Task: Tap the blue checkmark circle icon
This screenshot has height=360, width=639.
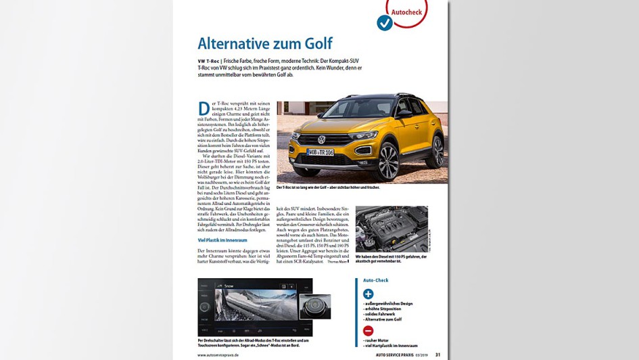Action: (384, 23)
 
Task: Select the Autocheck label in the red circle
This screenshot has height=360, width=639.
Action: (408, 12)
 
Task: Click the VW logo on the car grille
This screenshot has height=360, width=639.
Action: (322, 141)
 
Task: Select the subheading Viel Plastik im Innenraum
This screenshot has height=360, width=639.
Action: (222, 240)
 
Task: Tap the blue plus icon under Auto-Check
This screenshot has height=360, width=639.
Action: (368, 294)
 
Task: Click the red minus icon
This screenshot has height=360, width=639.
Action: (368, 330)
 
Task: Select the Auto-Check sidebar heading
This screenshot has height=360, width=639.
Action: (375, 280)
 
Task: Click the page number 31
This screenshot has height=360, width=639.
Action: (437, 355)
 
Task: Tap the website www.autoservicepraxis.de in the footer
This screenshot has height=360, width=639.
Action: (224, 355)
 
